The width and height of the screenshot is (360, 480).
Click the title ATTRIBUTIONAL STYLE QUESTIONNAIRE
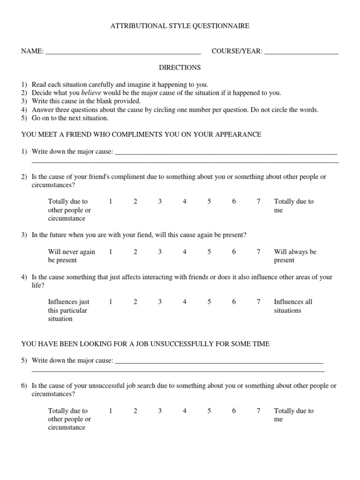tap(180, 26)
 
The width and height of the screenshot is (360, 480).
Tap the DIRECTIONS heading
tap(180, 67)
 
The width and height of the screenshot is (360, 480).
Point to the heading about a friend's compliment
tap(141, 135)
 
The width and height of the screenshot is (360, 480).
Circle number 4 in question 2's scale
tap(185, 202)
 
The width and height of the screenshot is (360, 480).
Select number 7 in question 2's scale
tap(258, 202)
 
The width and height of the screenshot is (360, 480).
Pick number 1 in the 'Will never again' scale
tap(111, 252)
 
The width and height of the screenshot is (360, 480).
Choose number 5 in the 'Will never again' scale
tap(210, 252)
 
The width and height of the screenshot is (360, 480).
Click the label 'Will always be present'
tap(295, 256)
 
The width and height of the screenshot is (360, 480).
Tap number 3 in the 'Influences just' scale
tap(160, 302)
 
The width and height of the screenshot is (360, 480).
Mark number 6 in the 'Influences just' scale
tap(234, 302)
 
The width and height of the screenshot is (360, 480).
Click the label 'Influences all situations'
tap(293, 306)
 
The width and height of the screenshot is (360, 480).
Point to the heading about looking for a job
tap(145, 344)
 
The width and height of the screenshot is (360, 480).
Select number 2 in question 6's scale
tap(135, 411)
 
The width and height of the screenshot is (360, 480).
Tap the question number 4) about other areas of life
tap(24, 277)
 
